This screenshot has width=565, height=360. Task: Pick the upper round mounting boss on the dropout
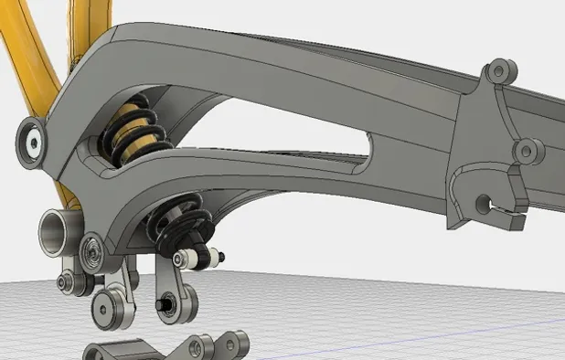[x=498, y=71]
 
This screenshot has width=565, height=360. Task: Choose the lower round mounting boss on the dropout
[x=526, y=150]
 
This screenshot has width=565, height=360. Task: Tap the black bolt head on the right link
[x=164, y=302]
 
